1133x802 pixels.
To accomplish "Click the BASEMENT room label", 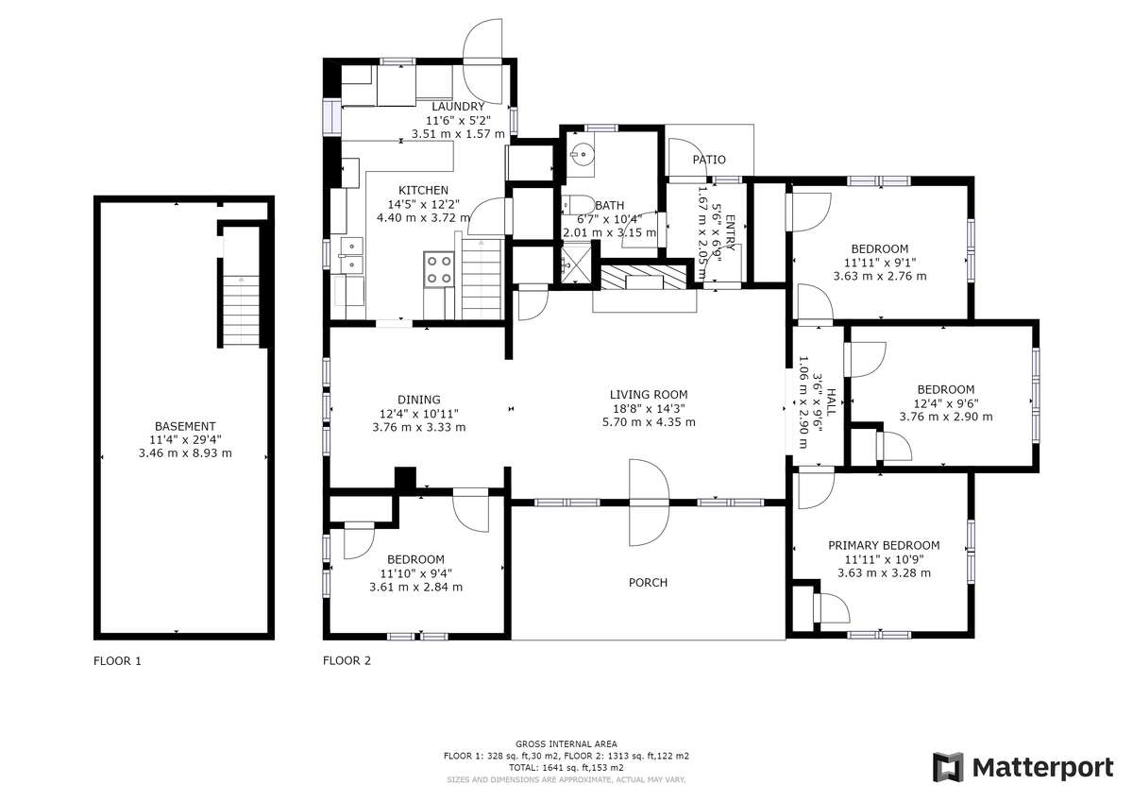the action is (185, 426).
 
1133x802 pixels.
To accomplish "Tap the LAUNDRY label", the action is (458, 107).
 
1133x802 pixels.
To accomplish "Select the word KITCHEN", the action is (423, 190).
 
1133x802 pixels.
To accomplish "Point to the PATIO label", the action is (709, 160).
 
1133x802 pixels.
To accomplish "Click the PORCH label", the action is (648, 583).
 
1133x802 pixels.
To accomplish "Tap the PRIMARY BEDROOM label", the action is (884, 545).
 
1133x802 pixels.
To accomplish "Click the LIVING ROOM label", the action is (649, 395).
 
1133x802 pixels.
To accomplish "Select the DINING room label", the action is (419, 400).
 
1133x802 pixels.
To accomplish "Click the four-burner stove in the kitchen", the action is (438, 269).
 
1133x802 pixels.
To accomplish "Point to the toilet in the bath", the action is (579, 205).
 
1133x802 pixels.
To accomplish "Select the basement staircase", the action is (242, 310).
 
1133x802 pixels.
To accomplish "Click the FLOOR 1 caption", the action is (117, 661).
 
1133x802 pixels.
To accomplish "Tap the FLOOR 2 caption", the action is (347, 660).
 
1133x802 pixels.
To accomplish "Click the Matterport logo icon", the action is (948, 767).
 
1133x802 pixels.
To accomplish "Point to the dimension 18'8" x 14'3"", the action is (649, 408).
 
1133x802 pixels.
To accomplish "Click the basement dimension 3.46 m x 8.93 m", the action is (185, 452).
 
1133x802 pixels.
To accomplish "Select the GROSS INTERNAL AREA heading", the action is (566, 743).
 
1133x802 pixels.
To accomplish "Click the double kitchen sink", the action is (351, 254).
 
